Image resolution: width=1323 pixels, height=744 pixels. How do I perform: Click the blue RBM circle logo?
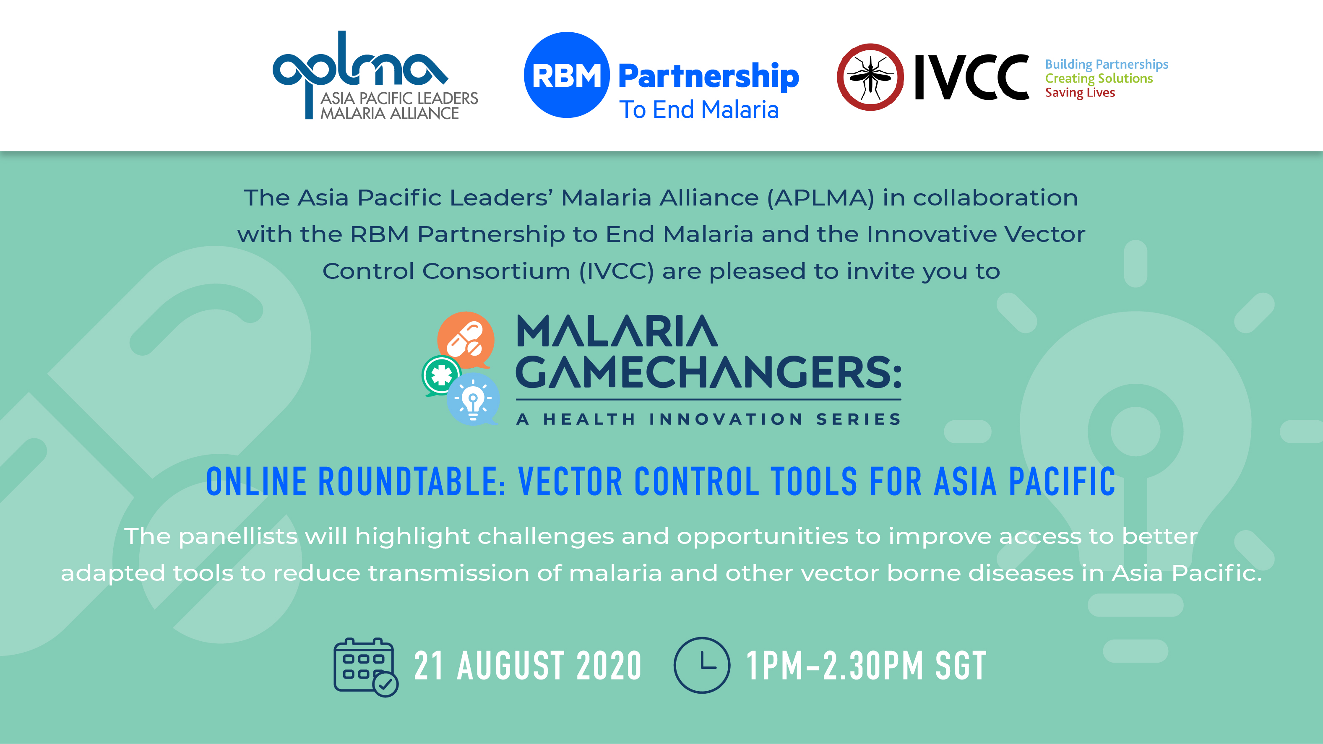[x=566, y=75]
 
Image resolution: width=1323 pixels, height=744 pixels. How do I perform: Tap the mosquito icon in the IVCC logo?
[x=870, y=77]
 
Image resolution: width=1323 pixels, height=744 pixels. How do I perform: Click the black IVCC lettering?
[x=972, y=77]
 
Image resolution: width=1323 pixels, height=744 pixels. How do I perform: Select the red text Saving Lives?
[x=1080, y=93]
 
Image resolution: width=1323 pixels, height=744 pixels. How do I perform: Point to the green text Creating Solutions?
[x=1099, y=78]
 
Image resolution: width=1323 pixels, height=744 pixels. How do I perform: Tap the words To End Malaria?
[x=699, y=109]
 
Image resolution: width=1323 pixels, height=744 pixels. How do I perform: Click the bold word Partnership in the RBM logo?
[x=709, y=76]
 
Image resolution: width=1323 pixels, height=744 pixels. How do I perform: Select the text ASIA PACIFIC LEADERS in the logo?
[x=399, y=98]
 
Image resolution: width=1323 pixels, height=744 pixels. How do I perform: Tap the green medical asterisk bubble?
[x=441, y=375]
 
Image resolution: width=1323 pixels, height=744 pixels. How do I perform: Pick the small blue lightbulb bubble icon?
[x=473, y=399]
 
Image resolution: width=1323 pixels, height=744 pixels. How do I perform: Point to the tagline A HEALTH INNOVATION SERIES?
[x=709, y=419]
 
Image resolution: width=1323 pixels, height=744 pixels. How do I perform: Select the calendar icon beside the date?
[x=366, y=666]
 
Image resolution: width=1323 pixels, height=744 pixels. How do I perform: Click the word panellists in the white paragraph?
[x=238, y=536]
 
